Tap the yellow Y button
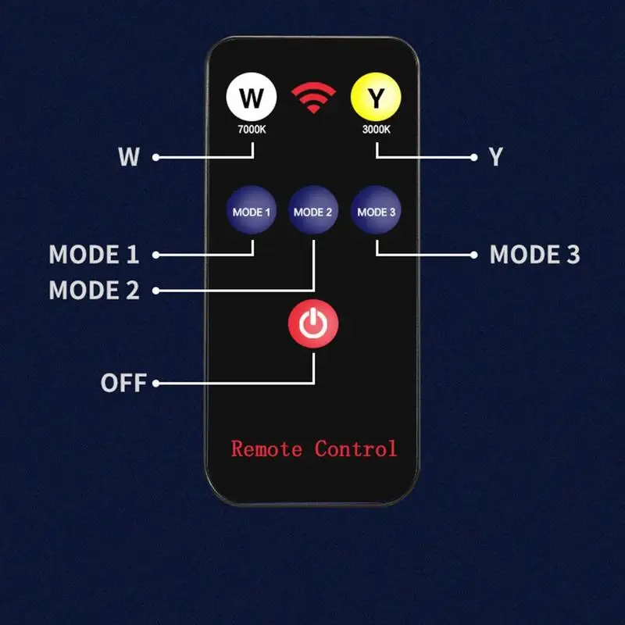[x=376, y=97]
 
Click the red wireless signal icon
[x=313, y=97]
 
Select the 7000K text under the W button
[x=252, y=130]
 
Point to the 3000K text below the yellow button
[x=377, y=130]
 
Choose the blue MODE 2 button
[x=313, y=210]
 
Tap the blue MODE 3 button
[x=376, y=210]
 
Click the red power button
[x=313, y=323]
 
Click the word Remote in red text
[x=266, y=448]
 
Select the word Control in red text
[x=356, y=448]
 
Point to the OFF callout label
[x=123, y=383]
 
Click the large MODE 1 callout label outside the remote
[x=94, y=255]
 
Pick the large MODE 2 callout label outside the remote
[x=94, y=290]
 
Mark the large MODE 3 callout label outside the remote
[x=534, y=255]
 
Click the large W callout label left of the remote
[x=129, y=157]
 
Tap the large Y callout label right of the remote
[x=496, y=157]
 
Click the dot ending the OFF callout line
[x=155, y=384]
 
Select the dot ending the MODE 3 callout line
[x=474, y=255]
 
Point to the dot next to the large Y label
[x=474, y=158]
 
